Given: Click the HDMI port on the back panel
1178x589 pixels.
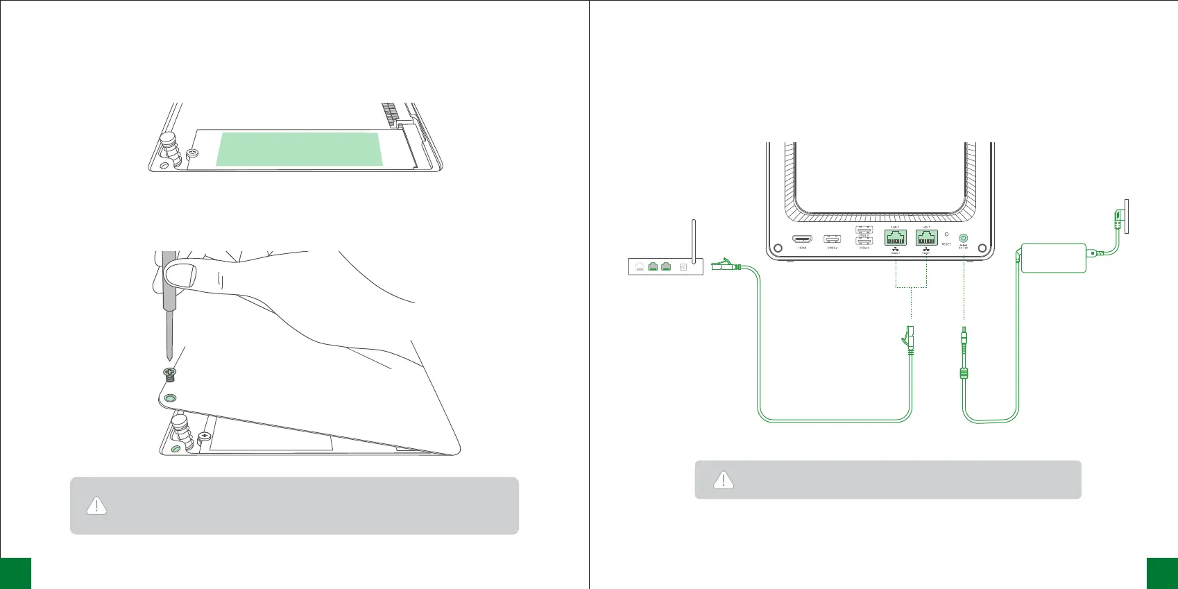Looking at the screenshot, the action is point(802,239).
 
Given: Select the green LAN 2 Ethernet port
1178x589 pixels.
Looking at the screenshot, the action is point(895,238).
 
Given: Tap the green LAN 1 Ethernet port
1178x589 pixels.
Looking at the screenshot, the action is point(926,238).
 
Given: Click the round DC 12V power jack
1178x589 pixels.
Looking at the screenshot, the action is point(963,238).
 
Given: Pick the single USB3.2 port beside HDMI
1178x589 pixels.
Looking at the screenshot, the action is point(832,239).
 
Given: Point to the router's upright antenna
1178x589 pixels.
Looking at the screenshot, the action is point(694,239).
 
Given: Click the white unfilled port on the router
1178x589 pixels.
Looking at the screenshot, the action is point(639,266).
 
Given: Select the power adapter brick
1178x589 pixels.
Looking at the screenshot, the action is point(1053,257).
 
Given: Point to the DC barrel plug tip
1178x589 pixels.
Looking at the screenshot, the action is point(964,335).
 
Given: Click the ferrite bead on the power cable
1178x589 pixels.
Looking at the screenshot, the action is point(964,374).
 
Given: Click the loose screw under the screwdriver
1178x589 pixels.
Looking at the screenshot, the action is point(170,375).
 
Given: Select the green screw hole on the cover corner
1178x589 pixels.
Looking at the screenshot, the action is point(170,398).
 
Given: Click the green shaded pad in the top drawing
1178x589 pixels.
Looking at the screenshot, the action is point(299,149).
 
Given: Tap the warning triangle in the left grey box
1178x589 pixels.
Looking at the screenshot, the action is point(96,506).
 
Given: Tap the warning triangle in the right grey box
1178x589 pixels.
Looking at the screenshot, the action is point(724,479).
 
